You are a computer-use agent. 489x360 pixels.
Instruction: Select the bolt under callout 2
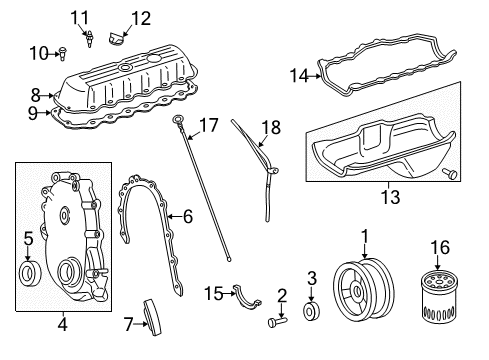pyautogui.click(x=278, y=323)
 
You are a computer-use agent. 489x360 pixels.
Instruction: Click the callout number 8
pyautogui.click(x=36, y=95)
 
